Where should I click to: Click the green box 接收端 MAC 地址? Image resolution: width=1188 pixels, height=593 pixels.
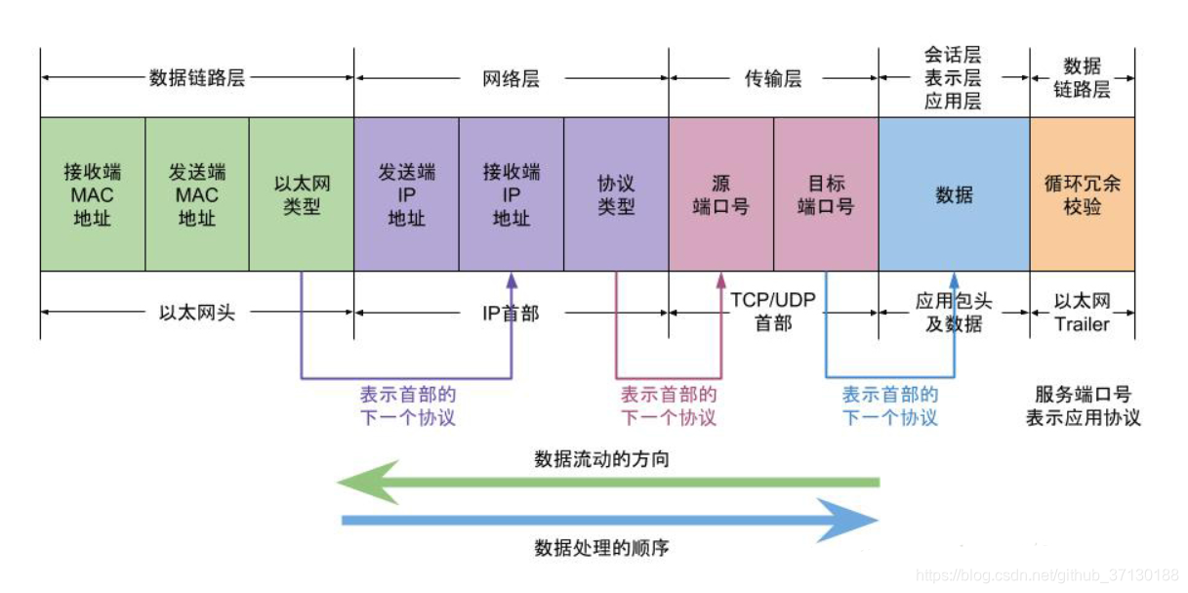tap(93, 194)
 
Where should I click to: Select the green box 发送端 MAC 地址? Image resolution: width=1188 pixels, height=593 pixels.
tap(197, 194)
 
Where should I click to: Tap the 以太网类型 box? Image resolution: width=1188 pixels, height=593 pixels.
tap(302, 194)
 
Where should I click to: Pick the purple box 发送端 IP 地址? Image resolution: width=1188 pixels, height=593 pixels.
tap(406, 194)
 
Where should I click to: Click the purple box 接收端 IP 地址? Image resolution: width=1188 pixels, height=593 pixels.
tap(511, 194)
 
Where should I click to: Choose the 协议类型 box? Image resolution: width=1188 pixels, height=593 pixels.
tap(616, 194)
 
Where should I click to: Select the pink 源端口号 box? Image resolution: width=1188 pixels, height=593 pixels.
tap(720, 194)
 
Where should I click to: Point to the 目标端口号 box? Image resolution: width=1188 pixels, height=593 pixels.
tap(826, 194)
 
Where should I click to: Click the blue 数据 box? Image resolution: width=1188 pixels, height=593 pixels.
tap(954, 194)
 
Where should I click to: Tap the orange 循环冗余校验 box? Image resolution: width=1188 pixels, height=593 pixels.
tap(1082, 194)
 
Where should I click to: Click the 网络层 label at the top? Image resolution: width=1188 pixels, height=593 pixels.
tap(511, 79)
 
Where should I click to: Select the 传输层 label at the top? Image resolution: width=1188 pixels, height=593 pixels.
tap(773, 79)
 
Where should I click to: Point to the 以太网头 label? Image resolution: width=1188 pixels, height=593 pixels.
tap(197, 314)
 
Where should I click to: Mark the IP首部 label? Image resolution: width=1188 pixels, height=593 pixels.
tap(511, 314)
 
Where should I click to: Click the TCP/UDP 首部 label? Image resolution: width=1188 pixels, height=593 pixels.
tap(773, 312)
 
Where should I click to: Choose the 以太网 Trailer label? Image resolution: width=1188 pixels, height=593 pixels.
tap(1082, 313)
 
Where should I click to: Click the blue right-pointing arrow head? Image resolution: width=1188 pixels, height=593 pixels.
tap(849, 521)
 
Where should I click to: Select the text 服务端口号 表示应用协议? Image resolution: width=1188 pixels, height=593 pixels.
tap(1083, 406)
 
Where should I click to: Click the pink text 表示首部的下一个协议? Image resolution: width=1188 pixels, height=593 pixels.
tap(669, 406)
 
